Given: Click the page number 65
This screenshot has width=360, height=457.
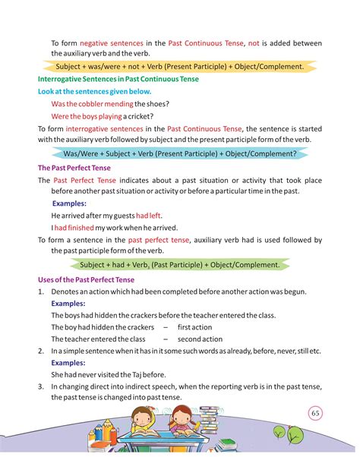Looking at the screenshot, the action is pyautogui.click(x=315, y=414).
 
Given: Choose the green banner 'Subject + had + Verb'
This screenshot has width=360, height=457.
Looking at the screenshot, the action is pyautogui.click(x=180, y=265).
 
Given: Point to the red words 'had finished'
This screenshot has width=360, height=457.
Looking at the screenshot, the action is pyautogui.click(x=73, y=228).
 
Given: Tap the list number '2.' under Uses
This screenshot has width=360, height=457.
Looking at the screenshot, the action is pyautogui.click(x=41, y=351).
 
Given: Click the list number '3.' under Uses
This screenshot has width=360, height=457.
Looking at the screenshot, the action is pyautogui.click(x=41, y=387).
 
